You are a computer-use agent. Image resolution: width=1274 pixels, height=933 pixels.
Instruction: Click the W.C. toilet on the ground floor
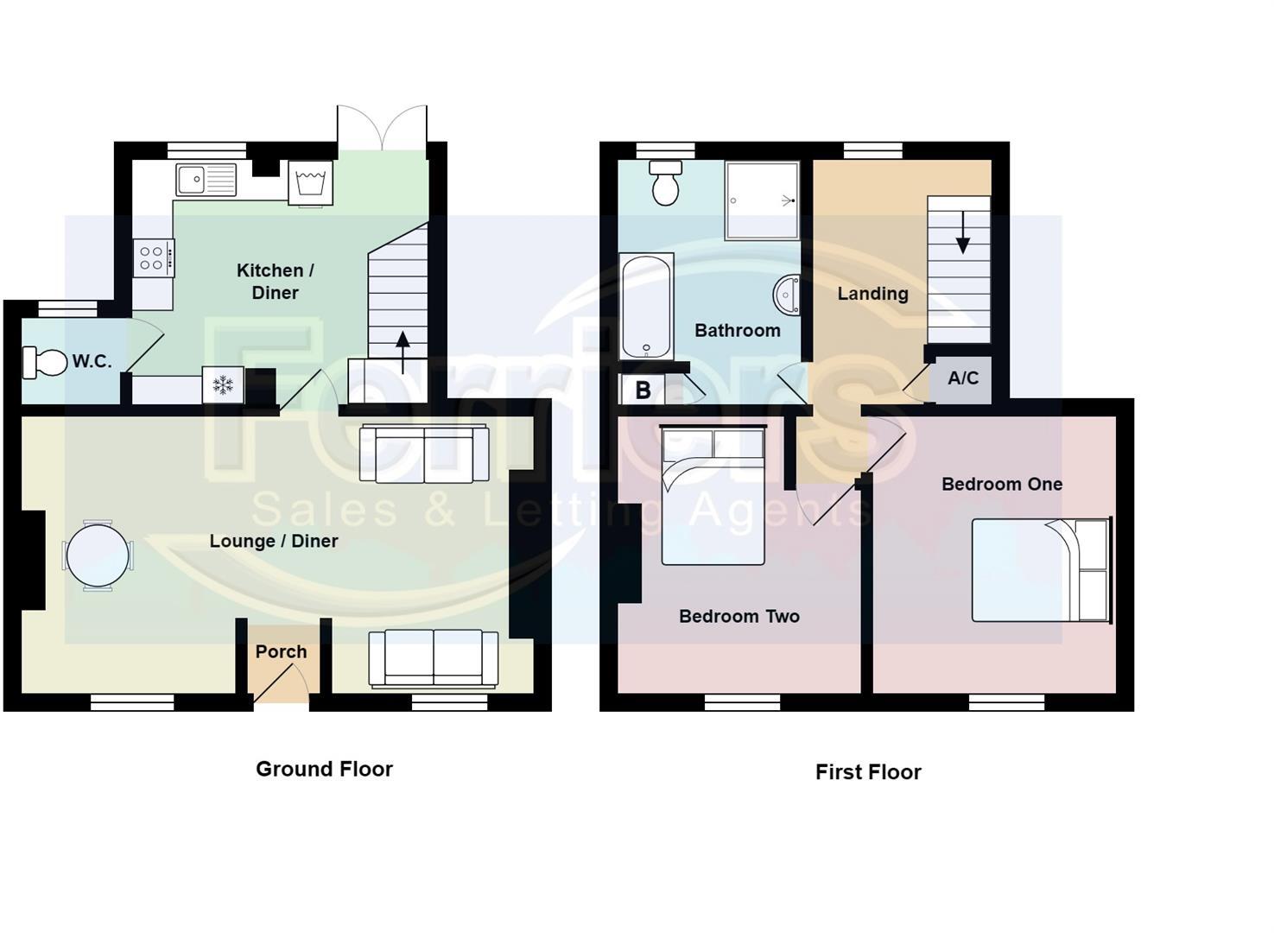coord(45,362)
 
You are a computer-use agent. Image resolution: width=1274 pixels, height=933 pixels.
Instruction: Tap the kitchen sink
coord(206,179)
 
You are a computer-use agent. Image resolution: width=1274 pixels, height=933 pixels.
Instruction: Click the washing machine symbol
coord(311,181)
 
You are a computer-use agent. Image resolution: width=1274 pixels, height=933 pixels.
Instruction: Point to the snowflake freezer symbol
coord(223,385)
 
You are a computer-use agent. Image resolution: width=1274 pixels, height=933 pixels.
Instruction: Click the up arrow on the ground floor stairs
coord(402,352)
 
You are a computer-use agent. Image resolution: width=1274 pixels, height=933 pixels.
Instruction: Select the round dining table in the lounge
coord(98,555)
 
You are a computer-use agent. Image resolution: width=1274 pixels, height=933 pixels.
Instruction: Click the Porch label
coord(281,651)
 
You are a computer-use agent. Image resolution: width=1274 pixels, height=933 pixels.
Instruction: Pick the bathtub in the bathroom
coord(646,307)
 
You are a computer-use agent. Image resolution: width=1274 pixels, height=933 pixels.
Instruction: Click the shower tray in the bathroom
coord(762,200)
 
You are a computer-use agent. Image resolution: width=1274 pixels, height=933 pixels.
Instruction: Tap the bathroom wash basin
coord(787,295)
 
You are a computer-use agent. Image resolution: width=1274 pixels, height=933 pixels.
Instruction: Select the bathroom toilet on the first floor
coord(665,182)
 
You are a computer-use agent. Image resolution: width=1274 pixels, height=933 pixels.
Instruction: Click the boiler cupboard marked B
coord(643,390)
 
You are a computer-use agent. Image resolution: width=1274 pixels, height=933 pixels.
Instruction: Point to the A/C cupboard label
coord(963,378)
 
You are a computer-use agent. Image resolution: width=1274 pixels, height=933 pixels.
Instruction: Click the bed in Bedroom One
coord(1041,570)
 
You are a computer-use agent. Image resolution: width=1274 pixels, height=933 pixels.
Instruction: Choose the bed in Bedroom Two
coord(713,495)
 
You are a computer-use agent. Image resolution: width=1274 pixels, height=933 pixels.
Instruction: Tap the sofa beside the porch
coord(434,659)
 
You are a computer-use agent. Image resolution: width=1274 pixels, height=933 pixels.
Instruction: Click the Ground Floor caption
coord(324,769)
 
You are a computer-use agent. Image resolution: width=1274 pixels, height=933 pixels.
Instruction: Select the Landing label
coord(873,294)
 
